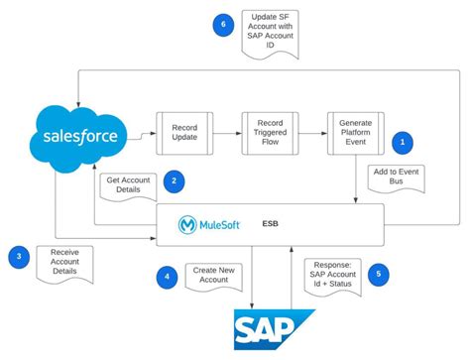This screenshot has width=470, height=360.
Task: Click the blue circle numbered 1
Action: tap(402, 142)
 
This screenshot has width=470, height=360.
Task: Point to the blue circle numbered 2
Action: tap(174, 180)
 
